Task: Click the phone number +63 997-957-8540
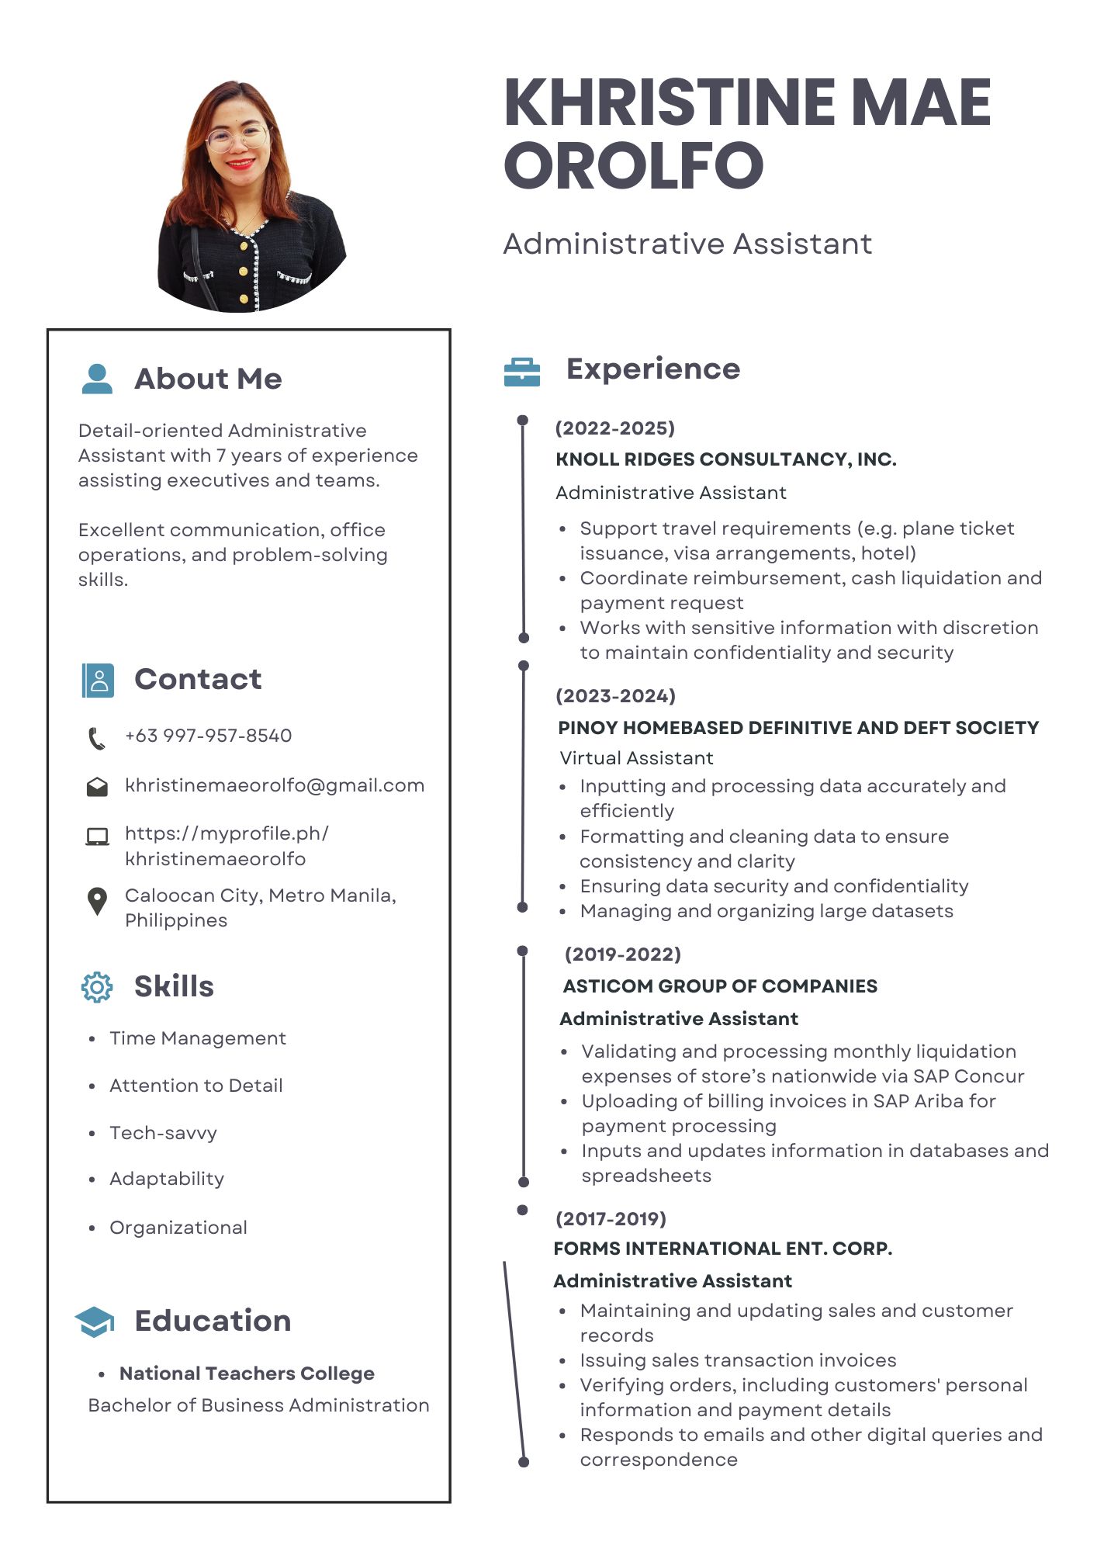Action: point(208,736)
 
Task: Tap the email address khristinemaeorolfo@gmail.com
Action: point(275,785)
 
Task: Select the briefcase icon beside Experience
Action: point(522,372)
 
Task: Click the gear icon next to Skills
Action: point(97,987)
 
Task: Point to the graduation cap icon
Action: point(95,1322)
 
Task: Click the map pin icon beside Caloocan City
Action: point(97,901)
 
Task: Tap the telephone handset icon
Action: point(96,738)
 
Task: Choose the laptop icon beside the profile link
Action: point(97,837)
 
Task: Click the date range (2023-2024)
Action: point(616,696)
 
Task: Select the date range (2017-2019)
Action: point(611,1218)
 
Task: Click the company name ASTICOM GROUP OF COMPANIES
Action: point(720,986)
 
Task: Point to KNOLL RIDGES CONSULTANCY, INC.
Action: point(726,459)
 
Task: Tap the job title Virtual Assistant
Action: point(636,758)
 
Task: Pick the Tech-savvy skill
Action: point(163,1133)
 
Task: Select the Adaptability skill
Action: point(167,1179)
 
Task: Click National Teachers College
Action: point(247,1374)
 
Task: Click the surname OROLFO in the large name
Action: point(634,165)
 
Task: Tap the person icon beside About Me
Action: point(97,379)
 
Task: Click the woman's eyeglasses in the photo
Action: point(237,139)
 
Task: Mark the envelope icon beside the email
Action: point(97,787)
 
